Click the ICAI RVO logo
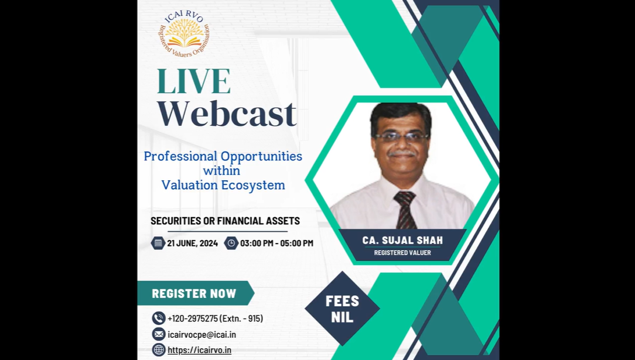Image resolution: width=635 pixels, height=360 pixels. [x=185, y=35]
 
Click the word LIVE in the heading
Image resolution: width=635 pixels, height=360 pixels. [x=193, y=81]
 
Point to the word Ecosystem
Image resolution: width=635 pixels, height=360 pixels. [x=253, y=185]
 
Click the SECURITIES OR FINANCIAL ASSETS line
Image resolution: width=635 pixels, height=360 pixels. [x=225, y=221]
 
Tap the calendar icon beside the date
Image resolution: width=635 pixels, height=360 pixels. [x=158, y=243]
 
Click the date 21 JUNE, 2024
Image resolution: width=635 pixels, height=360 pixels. [x=192, y=243]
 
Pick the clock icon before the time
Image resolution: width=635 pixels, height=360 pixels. [x=231, y=243]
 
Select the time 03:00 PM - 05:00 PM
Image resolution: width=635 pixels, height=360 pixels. [x=276, y=243]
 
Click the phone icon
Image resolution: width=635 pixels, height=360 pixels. [x=159, y=318]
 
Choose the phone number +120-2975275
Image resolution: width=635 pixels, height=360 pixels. [x=192, y=318]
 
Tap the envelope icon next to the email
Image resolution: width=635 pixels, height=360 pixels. [x=159, y=334]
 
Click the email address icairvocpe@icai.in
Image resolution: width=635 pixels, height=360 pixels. [x=202, y=334]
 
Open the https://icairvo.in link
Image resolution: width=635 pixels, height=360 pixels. [x=200, y=350]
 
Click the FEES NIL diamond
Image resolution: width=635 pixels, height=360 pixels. [x=343, y=308]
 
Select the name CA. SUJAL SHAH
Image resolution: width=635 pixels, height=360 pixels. [x=402, y=240]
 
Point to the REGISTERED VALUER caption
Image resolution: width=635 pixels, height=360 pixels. [x=402, y=253]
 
